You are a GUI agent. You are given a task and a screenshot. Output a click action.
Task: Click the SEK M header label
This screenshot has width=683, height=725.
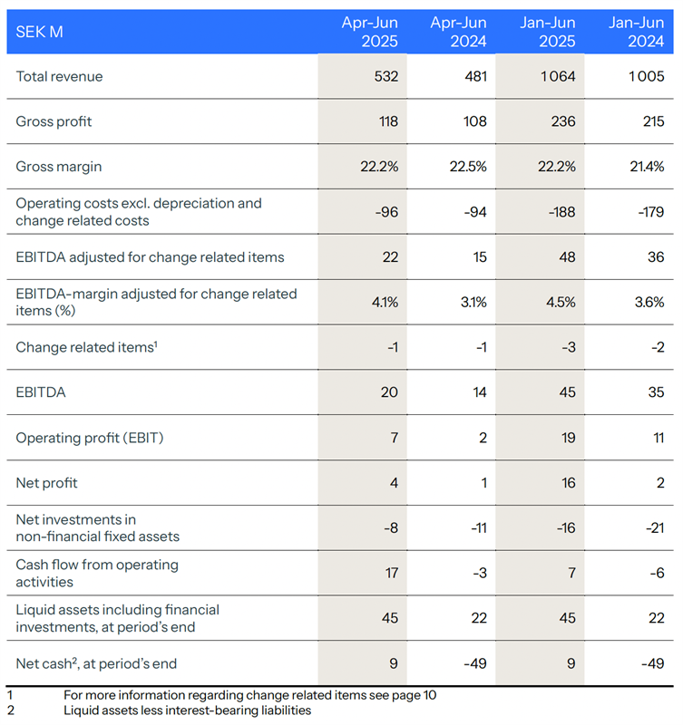click(39, 32)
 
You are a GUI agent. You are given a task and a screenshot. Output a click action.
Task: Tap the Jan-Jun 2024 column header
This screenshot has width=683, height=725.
click(635, 32)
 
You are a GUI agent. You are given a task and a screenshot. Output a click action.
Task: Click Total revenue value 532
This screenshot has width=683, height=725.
click(385, 77)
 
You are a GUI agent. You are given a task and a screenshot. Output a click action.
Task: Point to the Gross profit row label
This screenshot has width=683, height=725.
click(54, 121)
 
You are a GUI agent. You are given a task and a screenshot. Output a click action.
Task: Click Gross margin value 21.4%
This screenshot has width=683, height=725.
click(647, 167)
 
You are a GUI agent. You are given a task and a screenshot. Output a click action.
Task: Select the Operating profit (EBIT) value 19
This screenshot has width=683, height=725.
click(568, 438)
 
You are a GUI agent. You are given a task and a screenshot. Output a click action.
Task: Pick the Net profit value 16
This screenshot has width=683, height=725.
click(568, 483)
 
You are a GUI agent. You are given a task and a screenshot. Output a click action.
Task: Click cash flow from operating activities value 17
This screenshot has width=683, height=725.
click(389, 573)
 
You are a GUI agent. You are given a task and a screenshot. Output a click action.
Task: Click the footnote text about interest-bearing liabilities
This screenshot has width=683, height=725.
click(187, 710)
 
